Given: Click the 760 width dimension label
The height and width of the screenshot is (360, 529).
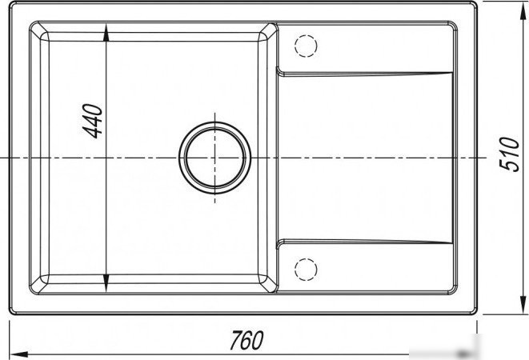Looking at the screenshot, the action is pos(246,340).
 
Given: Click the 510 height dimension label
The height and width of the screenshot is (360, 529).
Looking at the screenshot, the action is pos(509,154).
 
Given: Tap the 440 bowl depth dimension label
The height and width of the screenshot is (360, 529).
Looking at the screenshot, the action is pos(92,121).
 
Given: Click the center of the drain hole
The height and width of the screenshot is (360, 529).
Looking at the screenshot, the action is pos(215,158).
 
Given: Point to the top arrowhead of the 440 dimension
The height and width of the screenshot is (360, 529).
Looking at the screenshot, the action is pos(106,32).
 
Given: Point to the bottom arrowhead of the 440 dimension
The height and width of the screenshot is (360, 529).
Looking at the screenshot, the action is pos(106,282).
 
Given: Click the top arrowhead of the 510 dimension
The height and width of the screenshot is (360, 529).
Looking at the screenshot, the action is pos(523,10).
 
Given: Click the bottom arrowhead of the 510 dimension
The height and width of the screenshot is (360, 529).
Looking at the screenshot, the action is pos(523,305).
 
